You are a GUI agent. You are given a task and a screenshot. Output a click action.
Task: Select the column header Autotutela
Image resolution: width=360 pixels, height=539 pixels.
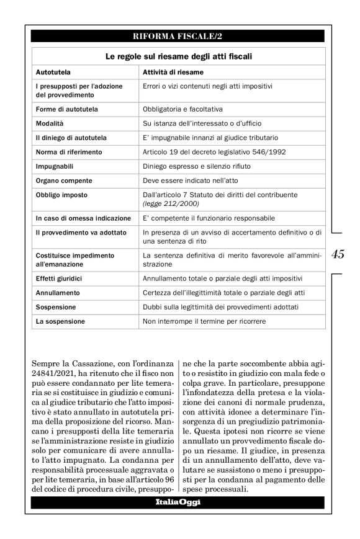53,73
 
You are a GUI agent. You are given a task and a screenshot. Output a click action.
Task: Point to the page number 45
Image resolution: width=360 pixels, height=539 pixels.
339,254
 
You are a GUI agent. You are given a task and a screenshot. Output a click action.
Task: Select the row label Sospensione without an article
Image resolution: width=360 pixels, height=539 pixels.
56,307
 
